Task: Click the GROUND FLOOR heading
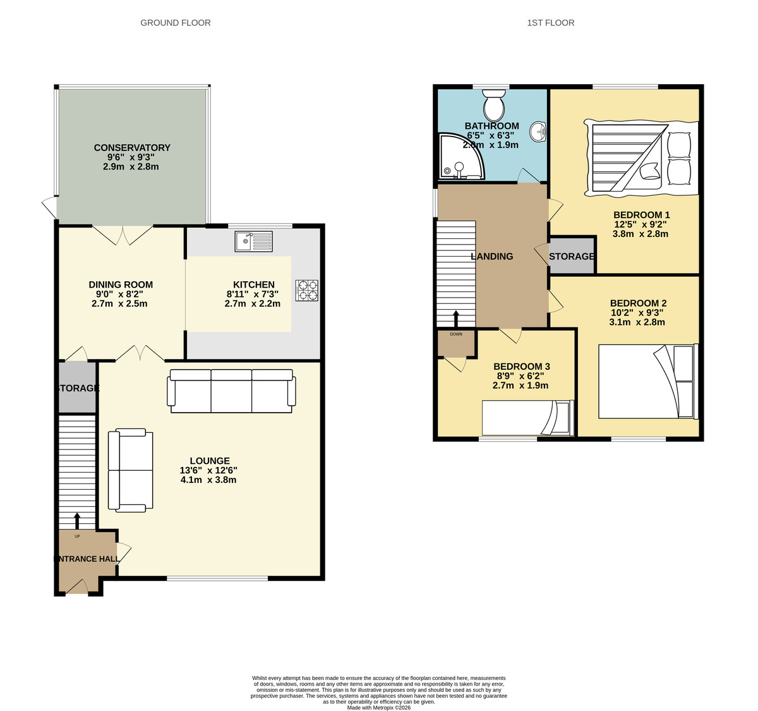(x=176, y=23)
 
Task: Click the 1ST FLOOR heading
(x=550, y=23)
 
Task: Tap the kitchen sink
(x=253, y=241)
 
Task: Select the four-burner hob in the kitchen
(x=306, y=290)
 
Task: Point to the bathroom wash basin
(x=539, y=132)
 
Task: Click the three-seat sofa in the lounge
(x=231, y=391)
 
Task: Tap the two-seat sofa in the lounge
(x=131, y=470)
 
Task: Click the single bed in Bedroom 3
(x=528, y=418)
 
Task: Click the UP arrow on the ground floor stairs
(x=77, y=520)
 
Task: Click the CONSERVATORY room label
(x=132, y=148)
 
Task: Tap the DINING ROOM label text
(x=121, y=285)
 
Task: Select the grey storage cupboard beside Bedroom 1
(x=572, y=256)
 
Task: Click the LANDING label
(x=491, y=257)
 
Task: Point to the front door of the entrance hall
(x=77, y=588)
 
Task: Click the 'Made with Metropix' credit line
(x=378, y=708)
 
